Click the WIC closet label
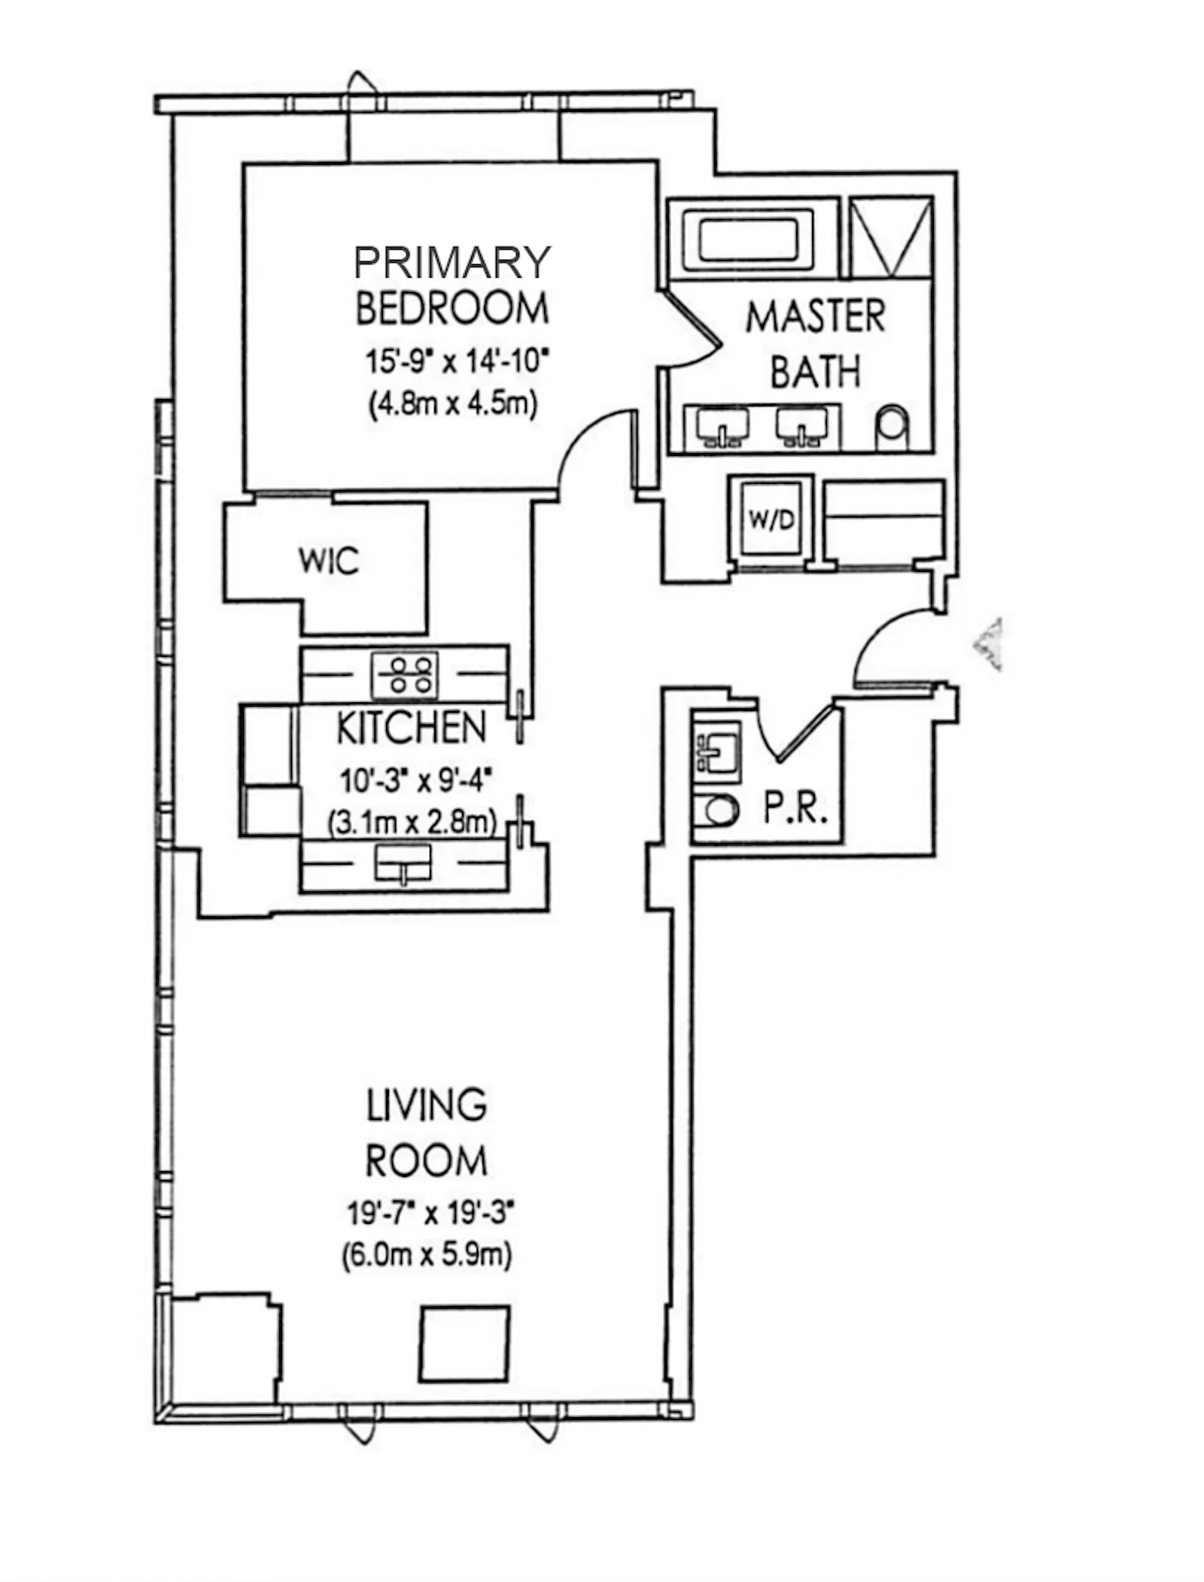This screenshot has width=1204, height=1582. click(x=329, y=561)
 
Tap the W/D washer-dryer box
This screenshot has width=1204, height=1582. click(x=771, y=520)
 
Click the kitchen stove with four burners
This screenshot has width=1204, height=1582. click(x=405, y=674)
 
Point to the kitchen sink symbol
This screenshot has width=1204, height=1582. click(x=403, y=862)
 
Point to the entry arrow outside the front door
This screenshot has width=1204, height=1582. click(x=988, y=644)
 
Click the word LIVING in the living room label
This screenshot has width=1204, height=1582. click(x=426, y=1106)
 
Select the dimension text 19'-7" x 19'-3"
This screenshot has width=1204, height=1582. click(x=430, y=1213)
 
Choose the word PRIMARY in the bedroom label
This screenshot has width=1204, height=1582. click(x=452, y=263)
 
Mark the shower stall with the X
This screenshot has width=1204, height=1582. click(x=891, y=237)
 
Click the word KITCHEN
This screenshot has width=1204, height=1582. click(x=411, y=728)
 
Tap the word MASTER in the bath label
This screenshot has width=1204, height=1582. click(x=815, y=317)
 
